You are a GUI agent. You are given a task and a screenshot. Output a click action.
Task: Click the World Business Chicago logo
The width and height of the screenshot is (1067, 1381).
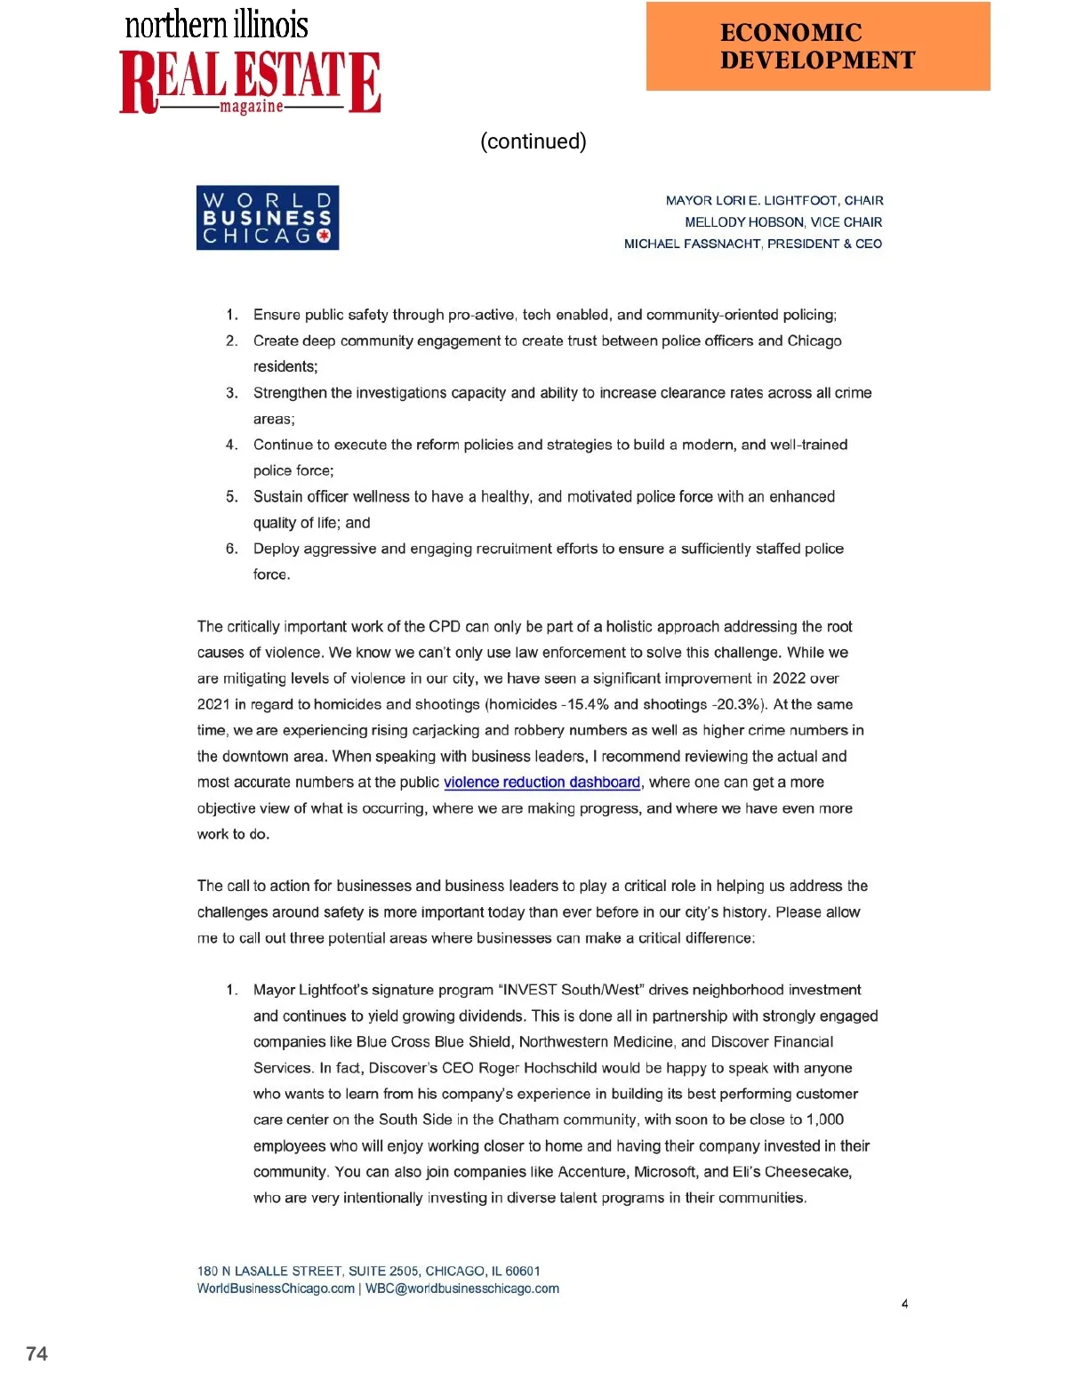[267, 218]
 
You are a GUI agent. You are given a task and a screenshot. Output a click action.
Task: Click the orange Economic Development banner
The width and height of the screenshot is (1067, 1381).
[817, 46]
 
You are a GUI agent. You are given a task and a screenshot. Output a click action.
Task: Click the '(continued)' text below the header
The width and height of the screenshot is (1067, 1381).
[533, 141]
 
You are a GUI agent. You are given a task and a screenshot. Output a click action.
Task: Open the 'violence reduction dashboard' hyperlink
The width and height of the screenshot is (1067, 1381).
[542, 783]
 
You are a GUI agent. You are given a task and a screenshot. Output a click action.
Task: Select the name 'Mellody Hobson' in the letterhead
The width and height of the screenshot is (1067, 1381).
[744, 222]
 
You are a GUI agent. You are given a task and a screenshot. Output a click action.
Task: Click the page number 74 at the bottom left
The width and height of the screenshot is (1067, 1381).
[36, 1353]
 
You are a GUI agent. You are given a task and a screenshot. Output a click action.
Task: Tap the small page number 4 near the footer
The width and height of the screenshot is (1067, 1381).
[904, 1304]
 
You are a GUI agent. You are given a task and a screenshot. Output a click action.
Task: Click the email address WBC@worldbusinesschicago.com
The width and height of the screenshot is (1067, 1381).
[462, 1289]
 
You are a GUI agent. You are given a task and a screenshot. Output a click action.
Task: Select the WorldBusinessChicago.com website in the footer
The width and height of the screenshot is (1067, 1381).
[276, 1289]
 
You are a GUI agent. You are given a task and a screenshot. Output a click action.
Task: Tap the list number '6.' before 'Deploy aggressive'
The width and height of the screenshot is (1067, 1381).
[231, 549]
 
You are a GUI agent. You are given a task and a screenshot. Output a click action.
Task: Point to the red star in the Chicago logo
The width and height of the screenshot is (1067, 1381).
[324, 237]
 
